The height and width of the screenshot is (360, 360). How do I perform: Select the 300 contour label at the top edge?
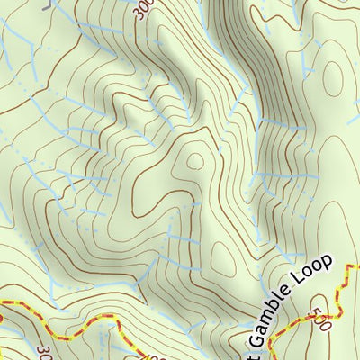pos(142,8)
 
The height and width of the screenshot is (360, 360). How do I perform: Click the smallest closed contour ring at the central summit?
pos(194,162)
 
